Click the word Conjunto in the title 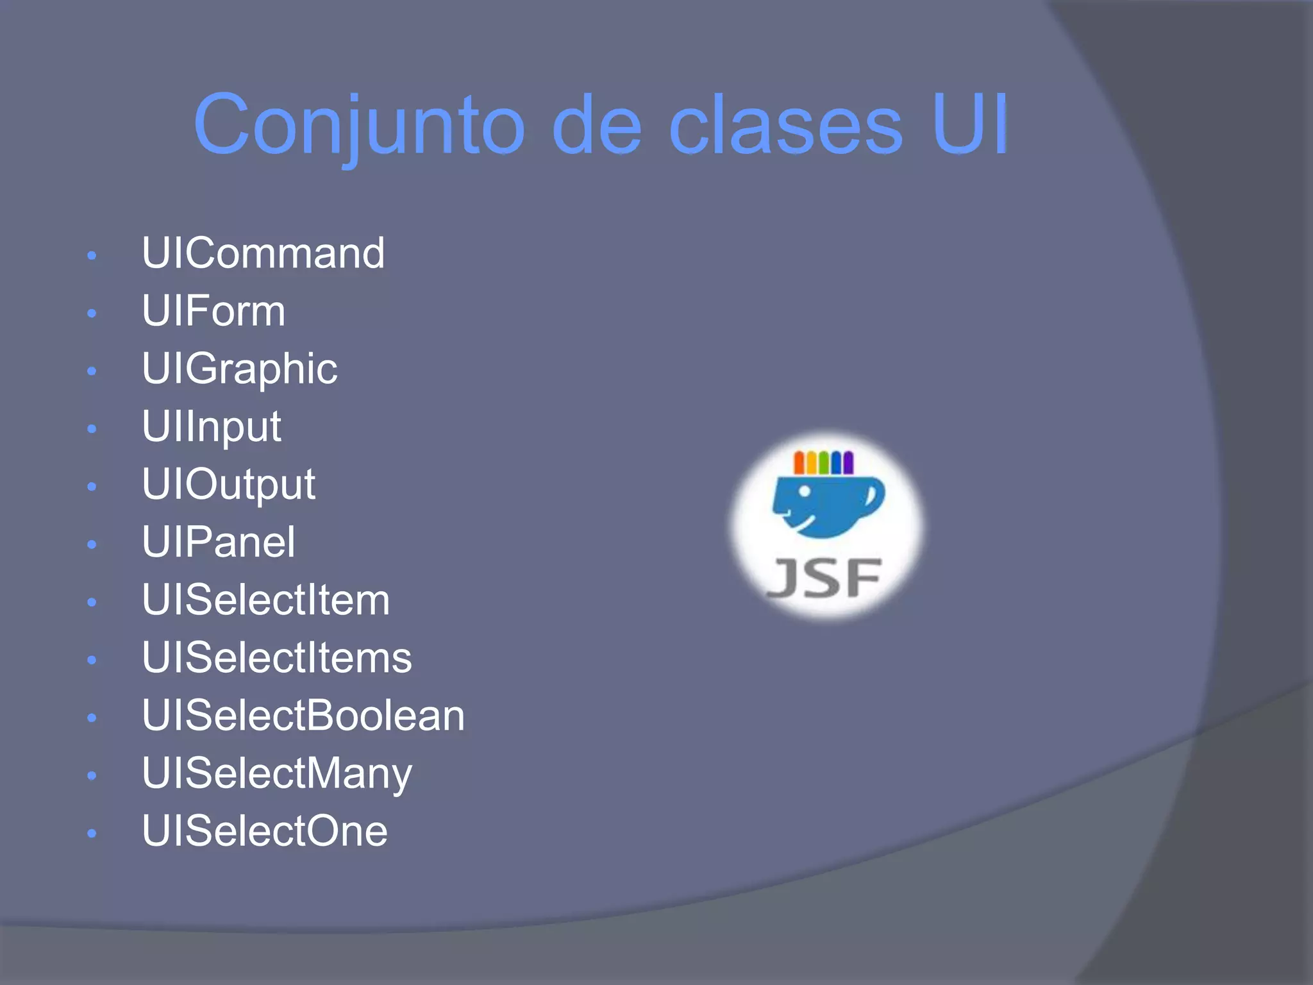(359, 125)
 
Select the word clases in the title (785, 125)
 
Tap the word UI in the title (970, 125)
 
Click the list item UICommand (263, 253)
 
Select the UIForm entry (213, 311)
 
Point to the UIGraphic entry (239, 369)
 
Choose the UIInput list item (211, 426)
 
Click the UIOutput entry (228, 484)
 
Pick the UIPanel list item (219, 542)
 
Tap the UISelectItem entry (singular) (265, 600)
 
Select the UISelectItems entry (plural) (276, 658)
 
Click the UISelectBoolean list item (303, 716)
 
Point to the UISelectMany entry (276, 773)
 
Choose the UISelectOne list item (264, 831)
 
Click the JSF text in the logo (824, 578)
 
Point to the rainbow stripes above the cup (823, 462)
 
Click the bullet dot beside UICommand (92, 256)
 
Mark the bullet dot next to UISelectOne (92, 834)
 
